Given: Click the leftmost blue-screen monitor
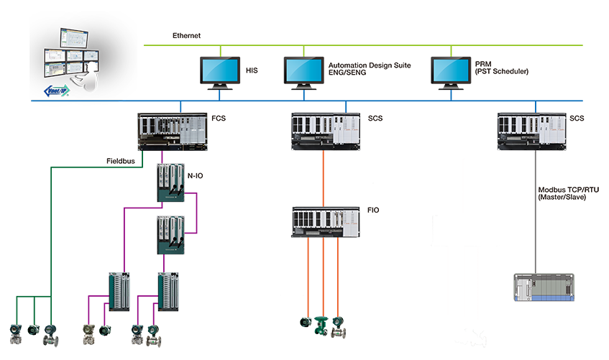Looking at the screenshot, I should [221, 70].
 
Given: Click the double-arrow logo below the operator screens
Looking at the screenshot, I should [55, 91].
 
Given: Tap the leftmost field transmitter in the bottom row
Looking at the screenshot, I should [15, 331].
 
